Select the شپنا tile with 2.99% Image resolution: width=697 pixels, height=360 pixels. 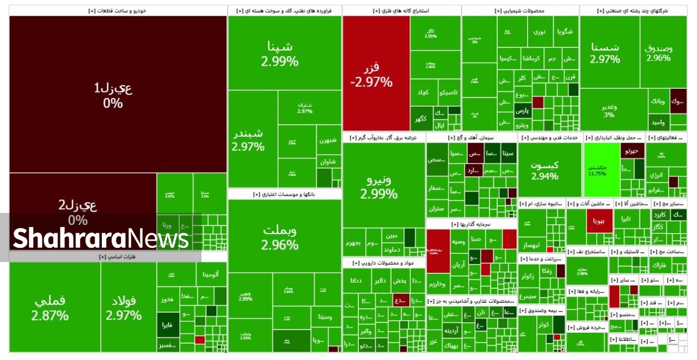click(x=280, y=53)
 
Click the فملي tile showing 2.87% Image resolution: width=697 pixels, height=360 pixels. click(x=50, y=308)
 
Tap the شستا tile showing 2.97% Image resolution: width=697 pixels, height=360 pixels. click(x=605, y=52)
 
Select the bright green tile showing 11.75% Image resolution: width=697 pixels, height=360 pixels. click(x=597, y=170)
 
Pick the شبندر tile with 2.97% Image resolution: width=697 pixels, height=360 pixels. click(x=248, y=139)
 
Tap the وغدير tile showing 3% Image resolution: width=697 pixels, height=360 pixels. click(x=609, y=111)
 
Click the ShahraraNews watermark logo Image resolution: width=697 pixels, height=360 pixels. click(x=101, y=239)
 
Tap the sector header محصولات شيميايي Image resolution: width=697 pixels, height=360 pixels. click(x=520, y=10)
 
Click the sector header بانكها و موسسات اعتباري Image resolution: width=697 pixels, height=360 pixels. click(x=285, y=194)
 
